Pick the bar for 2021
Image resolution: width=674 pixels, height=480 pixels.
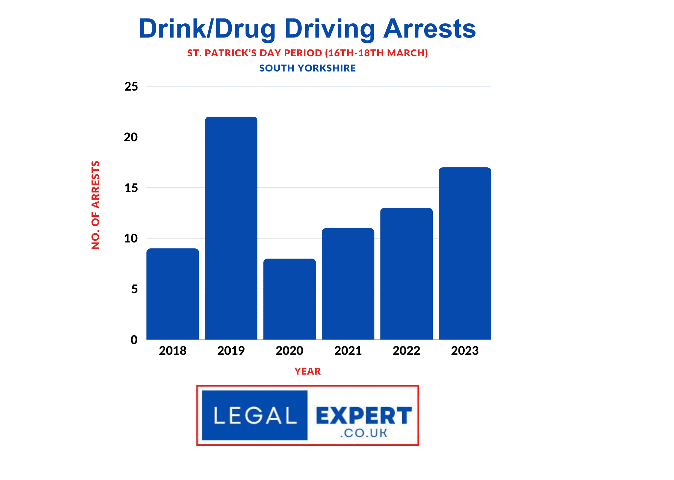click(x=348, y=284)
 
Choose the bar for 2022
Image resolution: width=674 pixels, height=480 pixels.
click(x=406, y=273)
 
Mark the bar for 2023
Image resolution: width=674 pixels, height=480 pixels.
click(x=465, y=253)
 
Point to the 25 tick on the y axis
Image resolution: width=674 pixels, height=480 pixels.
click(x=131, y=87)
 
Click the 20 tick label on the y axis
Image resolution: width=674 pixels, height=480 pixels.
click(x=131, y=137)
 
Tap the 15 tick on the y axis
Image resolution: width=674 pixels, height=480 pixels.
click(x=131, y=188)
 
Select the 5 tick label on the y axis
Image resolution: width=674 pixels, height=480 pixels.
click(x=134, y=289)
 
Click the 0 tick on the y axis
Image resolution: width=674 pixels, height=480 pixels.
click(x=134, y=340)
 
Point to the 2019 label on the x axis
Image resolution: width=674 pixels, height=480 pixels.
click(x=231, y=351)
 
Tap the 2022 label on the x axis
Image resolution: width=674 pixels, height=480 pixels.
click(x=406, y=351)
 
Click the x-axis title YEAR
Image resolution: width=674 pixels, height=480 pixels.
click(x=307, y=371)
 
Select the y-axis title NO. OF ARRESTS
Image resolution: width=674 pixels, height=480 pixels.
click(x=95, y=205)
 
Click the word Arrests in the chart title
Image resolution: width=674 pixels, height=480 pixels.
click(x=429, y=29)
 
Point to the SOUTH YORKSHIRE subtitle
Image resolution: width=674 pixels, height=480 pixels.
click(x=307, y=68)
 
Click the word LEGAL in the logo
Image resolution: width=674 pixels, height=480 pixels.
click(x=255, y=415)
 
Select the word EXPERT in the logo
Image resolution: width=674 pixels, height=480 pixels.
click(x=364, y=415)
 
